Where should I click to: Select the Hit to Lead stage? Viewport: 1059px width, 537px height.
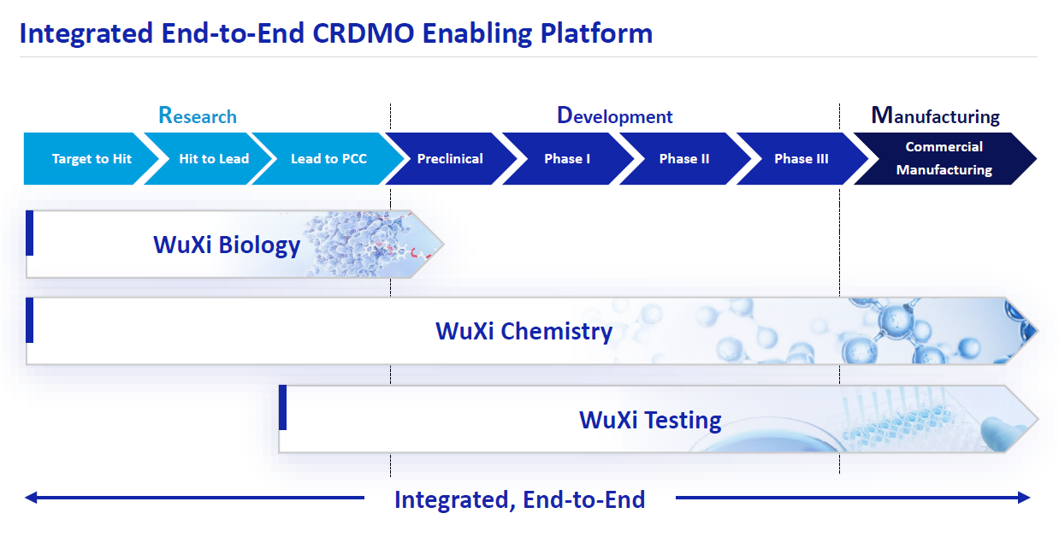(x=213, y=159)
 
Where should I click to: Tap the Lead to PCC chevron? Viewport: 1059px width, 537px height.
(x=328, y=159)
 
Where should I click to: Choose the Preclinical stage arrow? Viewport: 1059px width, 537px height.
(x=450, y=159)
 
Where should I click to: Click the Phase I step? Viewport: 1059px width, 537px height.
(x=567, y=159)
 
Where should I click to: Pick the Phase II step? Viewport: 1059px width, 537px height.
(x=684, y=159)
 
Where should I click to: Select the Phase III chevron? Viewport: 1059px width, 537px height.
(x=801, y=159)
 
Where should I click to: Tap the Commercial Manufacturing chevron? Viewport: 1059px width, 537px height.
(x=944, y=158)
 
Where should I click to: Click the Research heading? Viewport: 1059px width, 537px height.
(x=198, y=115)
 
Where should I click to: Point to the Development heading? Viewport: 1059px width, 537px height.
(x=614, y=115)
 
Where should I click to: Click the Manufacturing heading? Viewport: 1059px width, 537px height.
(x=935, y=115)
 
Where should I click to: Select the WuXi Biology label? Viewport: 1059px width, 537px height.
(x=227, y=245)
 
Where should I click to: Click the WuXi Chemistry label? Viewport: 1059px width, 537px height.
(x=524, y=331)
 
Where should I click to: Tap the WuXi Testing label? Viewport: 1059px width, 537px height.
(x=650, y=420)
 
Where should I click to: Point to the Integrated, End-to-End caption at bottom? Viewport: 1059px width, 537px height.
(x=519, y=499)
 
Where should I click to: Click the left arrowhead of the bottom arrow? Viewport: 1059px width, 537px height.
(x=31, y=498)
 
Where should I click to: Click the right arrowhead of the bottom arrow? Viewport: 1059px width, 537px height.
(x=1025, y=498)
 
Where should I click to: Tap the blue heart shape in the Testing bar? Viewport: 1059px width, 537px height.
(x=1000, y=431)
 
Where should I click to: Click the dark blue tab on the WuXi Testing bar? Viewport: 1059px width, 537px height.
(x=283, y=407)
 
